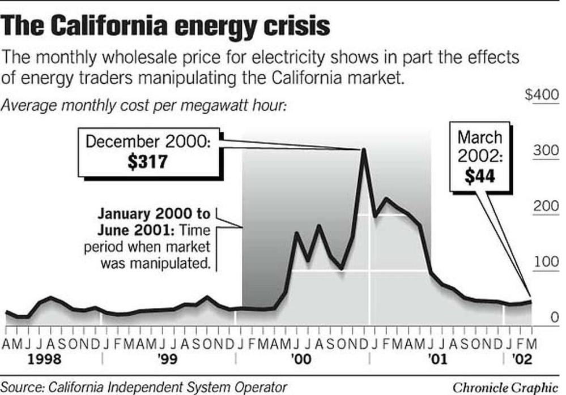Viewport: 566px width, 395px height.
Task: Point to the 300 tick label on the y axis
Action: click(544, 151)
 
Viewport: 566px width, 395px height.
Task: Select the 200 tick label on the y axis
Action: click(544, 207)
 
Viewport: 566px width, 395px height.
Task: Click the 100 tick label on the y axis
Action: click(544, 262)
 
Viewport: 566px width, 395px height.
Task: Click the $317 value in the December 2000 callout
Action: click(147, 162)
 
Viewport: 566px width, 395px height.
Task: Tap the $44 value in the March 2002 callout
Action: click(479, 176)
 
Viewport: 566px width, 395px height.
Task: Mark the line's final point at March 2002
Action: click(531, 301)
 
